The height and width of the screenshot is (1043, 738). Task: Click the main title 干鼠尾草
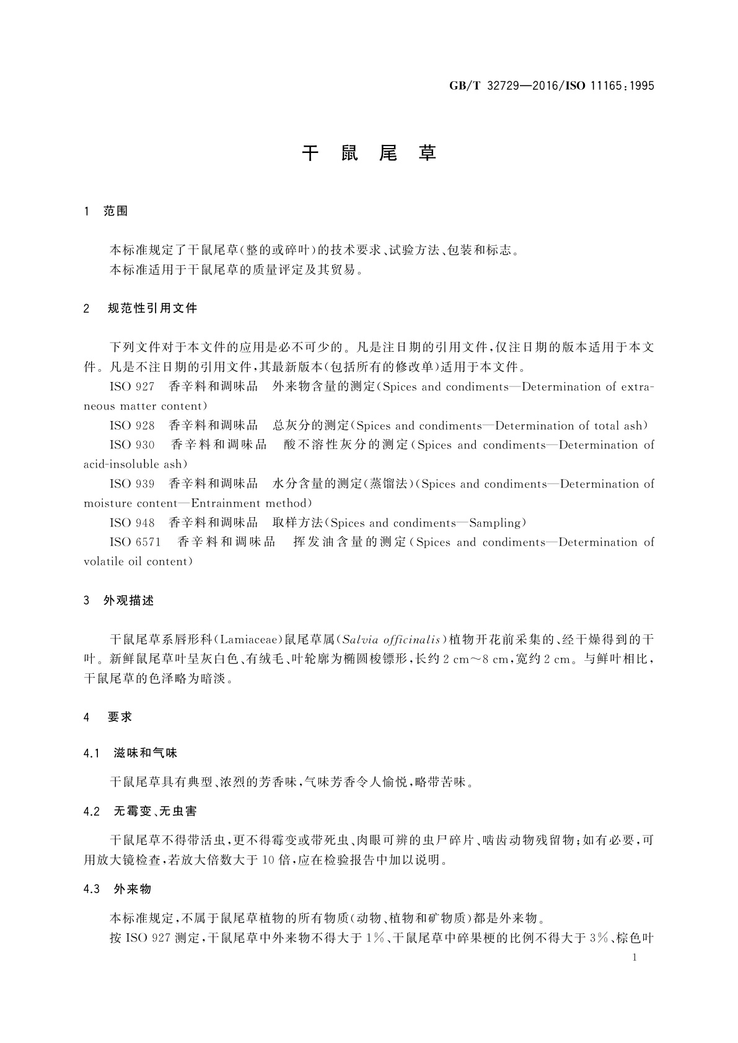pos(369,154)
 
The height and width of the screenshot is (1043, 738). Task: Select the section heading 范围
pos(116,211)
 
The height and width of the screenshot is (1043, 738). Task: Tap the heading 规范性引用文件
pos(152,308)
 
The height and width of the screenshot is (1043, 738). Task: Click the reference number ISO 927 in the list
pos(132,387)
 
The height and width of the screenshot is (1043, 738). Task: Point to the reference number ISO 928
pos(132,426)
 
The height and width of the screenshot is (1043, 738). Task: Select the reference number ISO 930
pos(132,445)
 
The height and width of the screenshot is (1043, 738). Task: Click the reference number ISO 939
pos(132,484)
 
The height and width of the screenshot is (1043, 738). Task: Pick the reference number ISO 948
pos(132,523)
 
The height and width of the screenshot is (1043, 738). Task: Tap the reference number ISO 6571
pos(135,543)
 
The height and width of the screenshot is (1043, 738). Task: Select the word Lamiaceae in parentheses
pos(248,639)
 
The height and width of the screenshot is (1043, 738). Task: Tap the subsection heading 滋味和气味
pos(146,754)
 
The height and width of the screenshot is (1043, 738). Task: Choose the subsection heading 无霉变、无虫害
pos(156,811)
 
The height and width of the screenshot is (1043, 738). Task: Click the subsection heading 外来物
pos(133,889)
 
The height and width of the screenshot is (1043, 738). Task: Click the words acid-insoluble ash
pos(133,465)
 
